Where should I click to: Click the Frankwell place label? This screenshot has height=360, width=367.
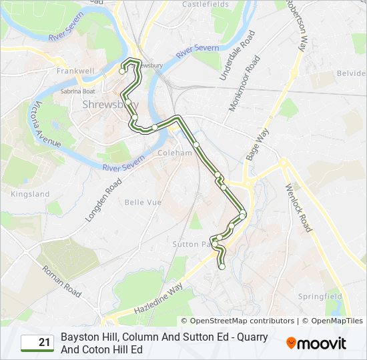[75, 71]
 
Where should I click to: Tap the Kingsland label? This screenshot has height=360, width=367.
[30, 194]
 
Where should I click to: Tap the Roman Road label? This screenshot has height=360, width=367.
[61, 281]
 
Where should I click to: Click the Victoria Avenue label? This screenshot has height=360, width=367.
[47, 125]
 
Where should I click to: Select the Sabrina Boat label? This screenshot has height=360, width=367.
[78, 91]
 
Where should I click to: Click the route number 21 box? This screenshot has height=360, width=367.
[37, 343]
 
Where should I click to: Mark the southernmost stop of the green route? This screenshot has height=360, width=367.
[222, 267]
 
